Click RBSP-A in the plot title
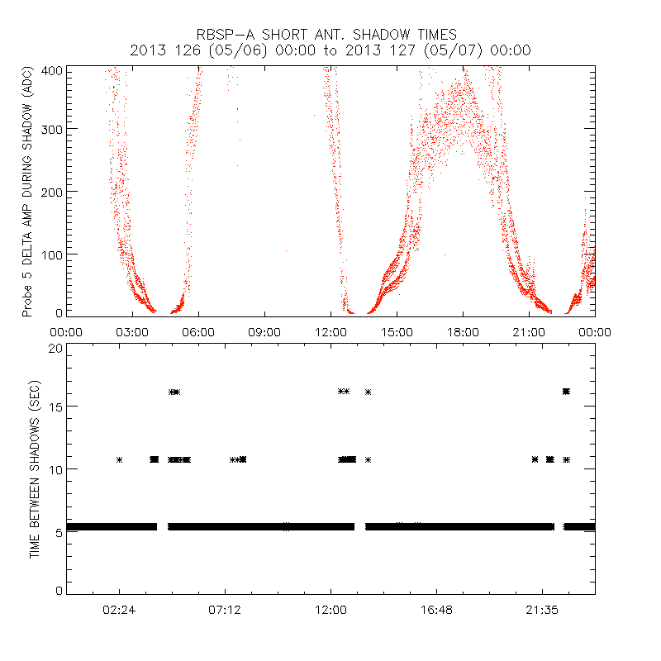(x=229, y=35)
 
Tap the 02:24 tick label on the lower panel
(x=119, y=609)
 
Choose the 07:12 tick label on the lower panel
(x=225, y=609)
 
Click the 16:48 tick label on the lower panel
(x=436, y=609)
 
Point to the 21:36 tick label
(x=542, y=609)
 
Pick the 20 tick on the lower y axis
(x=56, y=349)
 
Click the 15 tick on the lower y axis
(x=56, y=407)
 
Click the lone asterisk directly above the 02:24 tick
(x=119, y=459)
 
